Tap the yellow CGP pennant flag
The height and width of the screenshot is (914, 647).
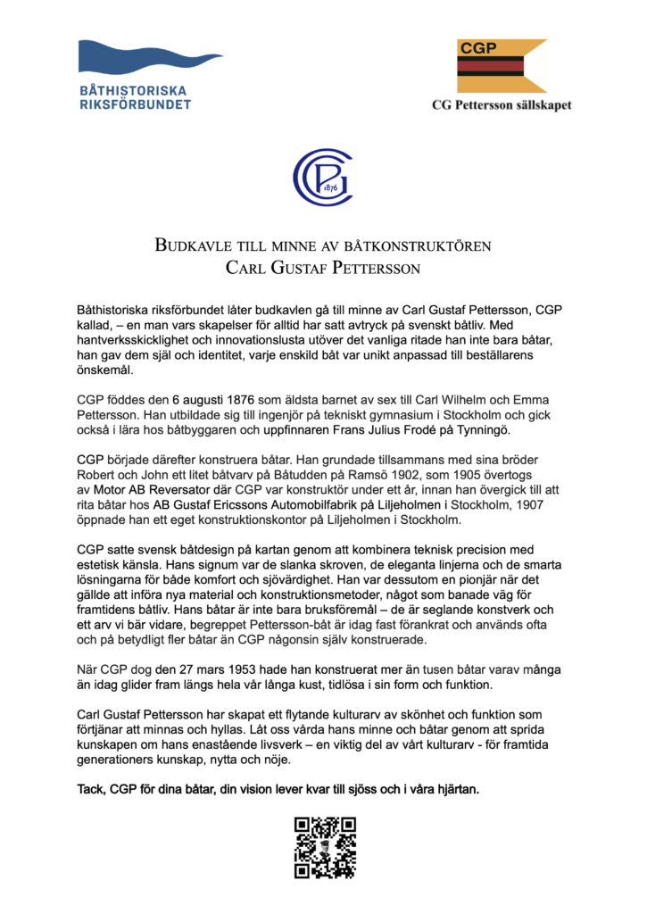point(501,65)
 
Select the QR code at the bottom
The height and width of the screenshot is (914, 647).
point(324,847)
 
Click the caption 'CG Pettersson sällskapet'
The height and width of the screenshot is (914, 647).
point(502,104)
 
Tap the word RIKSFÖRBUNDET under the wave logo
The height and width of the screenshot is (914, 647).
point(136,104)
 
